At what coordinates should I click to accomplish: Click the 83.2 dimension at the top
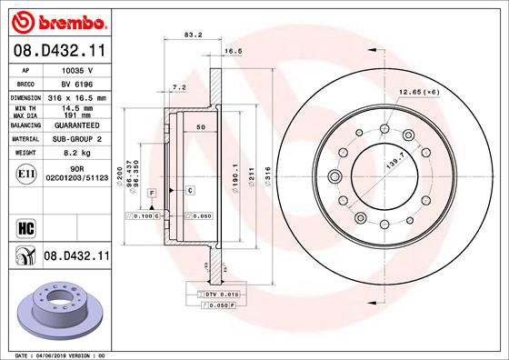point(193,37)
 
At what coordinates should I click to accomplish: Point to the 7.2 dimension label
point(179,87)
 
